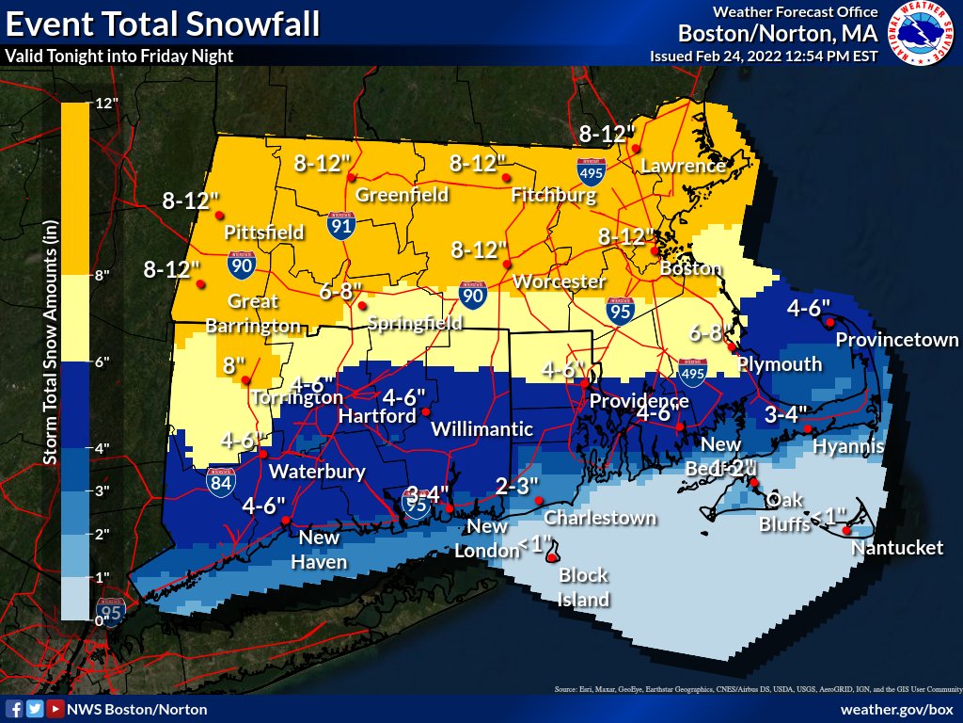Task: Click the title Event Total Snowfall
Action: click(162, 23)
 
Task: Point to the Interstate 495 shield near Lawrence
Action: click(591, 170)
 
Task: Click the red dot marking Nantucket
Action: click(846, 531)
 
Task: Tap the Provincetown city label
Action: click(896, 340)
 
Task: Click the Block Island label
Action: click(584, 587)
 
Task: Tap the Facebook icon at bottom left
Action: click(14, 708)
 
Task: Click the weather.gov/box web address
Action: click(896, 708)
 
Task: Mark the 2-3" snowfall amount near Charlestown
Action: click(517, 485)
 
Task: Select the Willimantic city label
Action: click(481, 429)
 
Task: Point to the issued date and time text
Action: click(764, 56)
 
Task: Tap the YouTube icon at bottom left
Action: click(55, 708)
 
